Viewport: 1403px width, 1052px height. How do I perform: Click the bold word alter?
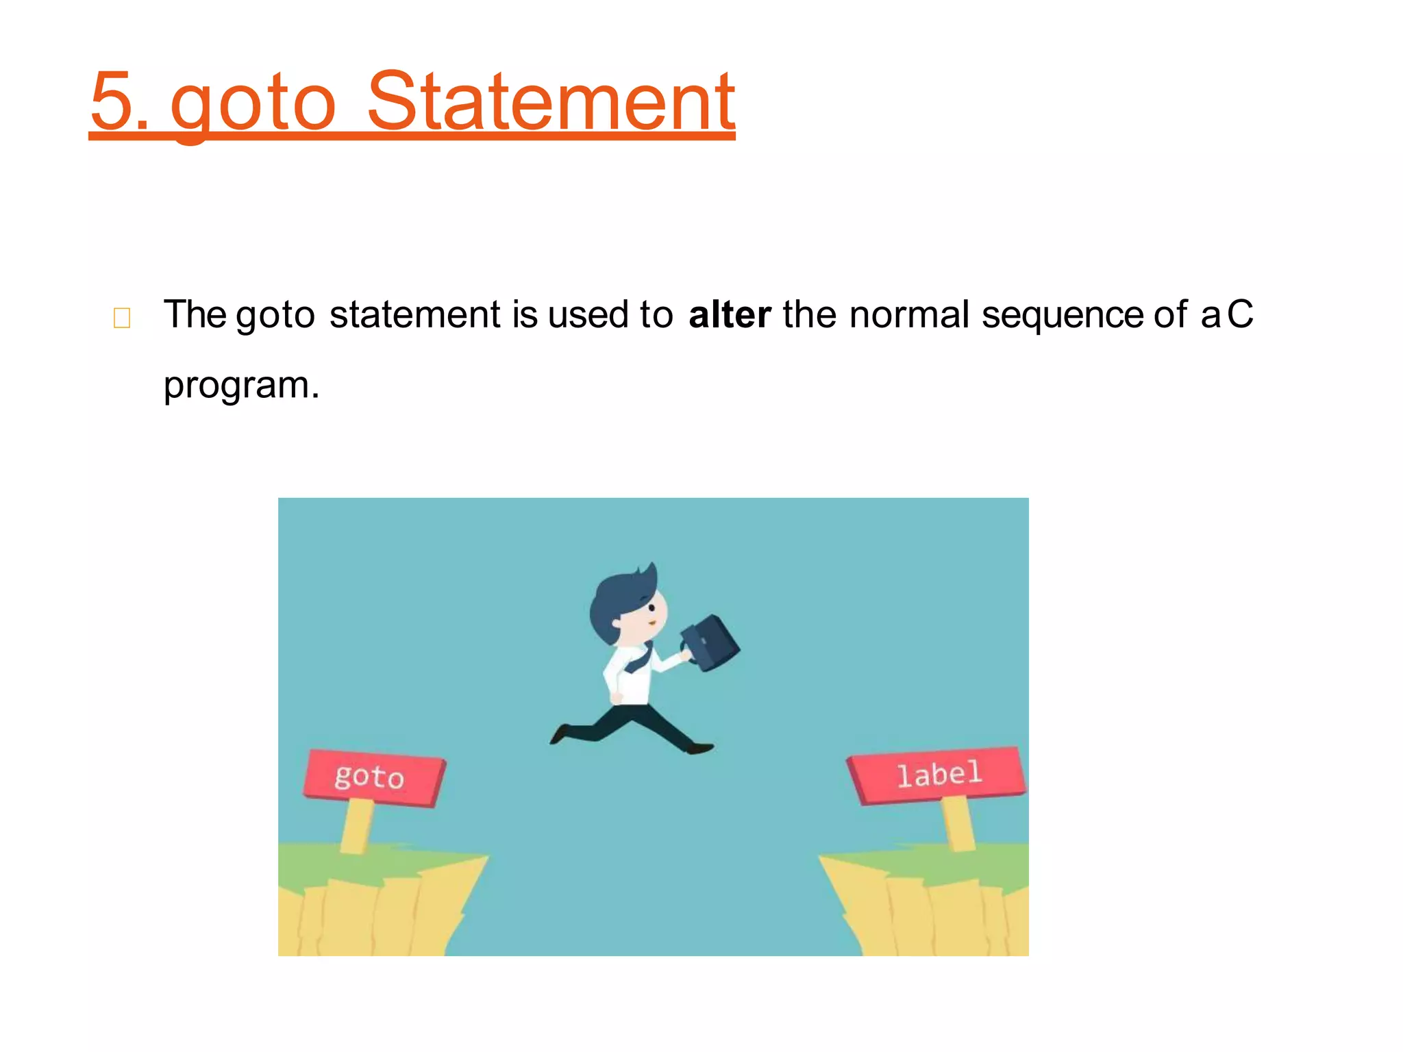[x=730, y=315]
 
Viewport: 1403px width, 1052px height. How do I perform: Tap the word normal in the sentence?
[x=909, y=315]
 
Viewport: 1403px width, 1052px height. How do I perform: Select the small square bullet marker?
[x=122, y=318]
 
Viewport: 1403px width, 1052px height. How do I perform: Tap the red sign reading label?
[x=938, y=775]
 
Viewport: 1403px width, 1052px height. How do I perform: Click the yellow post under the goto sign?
[x=356, y=825]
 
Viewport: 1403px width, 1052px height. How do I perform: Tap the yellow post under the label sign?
[x=958, y=822]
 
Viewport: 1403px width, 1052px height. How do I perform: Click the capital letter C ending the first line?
[x=1240, y=314]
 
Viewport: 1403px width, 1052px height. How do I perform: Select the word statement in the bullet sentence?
[x=415, y=315]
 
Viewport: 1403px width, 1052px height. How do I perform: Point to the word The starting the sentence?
[x=195, y=315]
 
